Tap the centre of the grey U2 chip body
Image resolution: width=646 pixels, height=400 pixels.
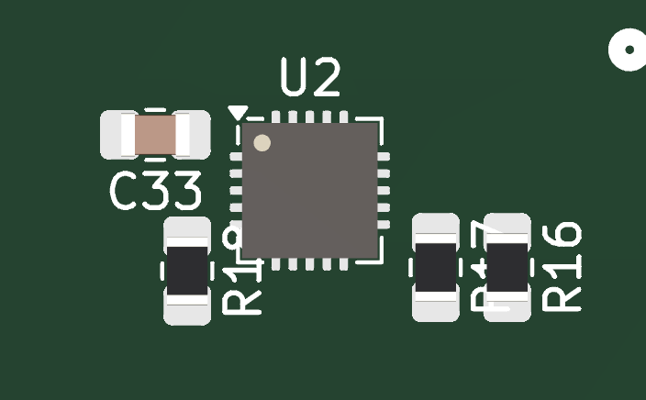310,190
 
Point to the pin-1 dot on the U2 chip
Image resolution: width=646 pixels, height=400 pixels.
262,143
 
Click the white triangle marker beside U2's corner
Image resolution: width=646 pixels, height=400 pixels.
238,113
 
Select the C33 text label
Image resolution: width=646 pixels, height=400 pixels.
155,192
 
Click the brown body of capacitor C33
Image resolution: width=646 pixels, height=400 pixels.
155,135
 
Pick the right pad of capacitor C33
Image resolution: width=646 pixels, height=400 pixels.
194,135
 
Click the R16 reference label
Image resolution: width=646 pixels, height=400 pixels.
562,266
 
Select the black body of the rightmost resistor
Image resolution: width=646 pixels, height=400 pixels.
507,267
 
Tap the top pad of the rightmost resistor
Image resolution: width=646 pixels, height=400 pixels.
507,228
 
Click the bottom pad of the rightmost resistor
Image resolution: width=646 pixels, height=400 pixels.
507,306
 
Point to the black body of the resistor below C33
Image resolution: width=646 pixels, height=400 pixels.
187,271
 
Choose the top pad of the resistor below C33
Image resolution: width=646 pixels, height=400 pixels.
187,231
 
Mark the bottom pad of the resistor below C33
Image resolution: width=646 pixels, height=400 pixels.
187,310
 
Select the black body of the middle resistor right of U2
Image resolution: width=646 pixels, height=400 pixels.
436,267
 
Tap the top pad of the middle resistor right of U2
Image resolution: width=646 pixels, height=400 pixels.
436,228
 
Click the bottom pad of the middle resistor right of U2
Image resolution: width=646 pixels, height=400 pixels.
436,306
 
